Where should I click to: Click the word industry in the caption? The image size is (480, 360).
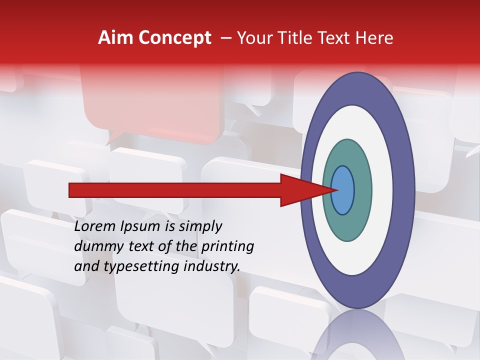click(212, 266)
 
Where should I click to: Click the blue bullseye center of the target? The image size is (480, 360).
click(342, 190)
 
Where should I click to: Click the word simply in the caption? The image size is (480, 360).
click(200, 227)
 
